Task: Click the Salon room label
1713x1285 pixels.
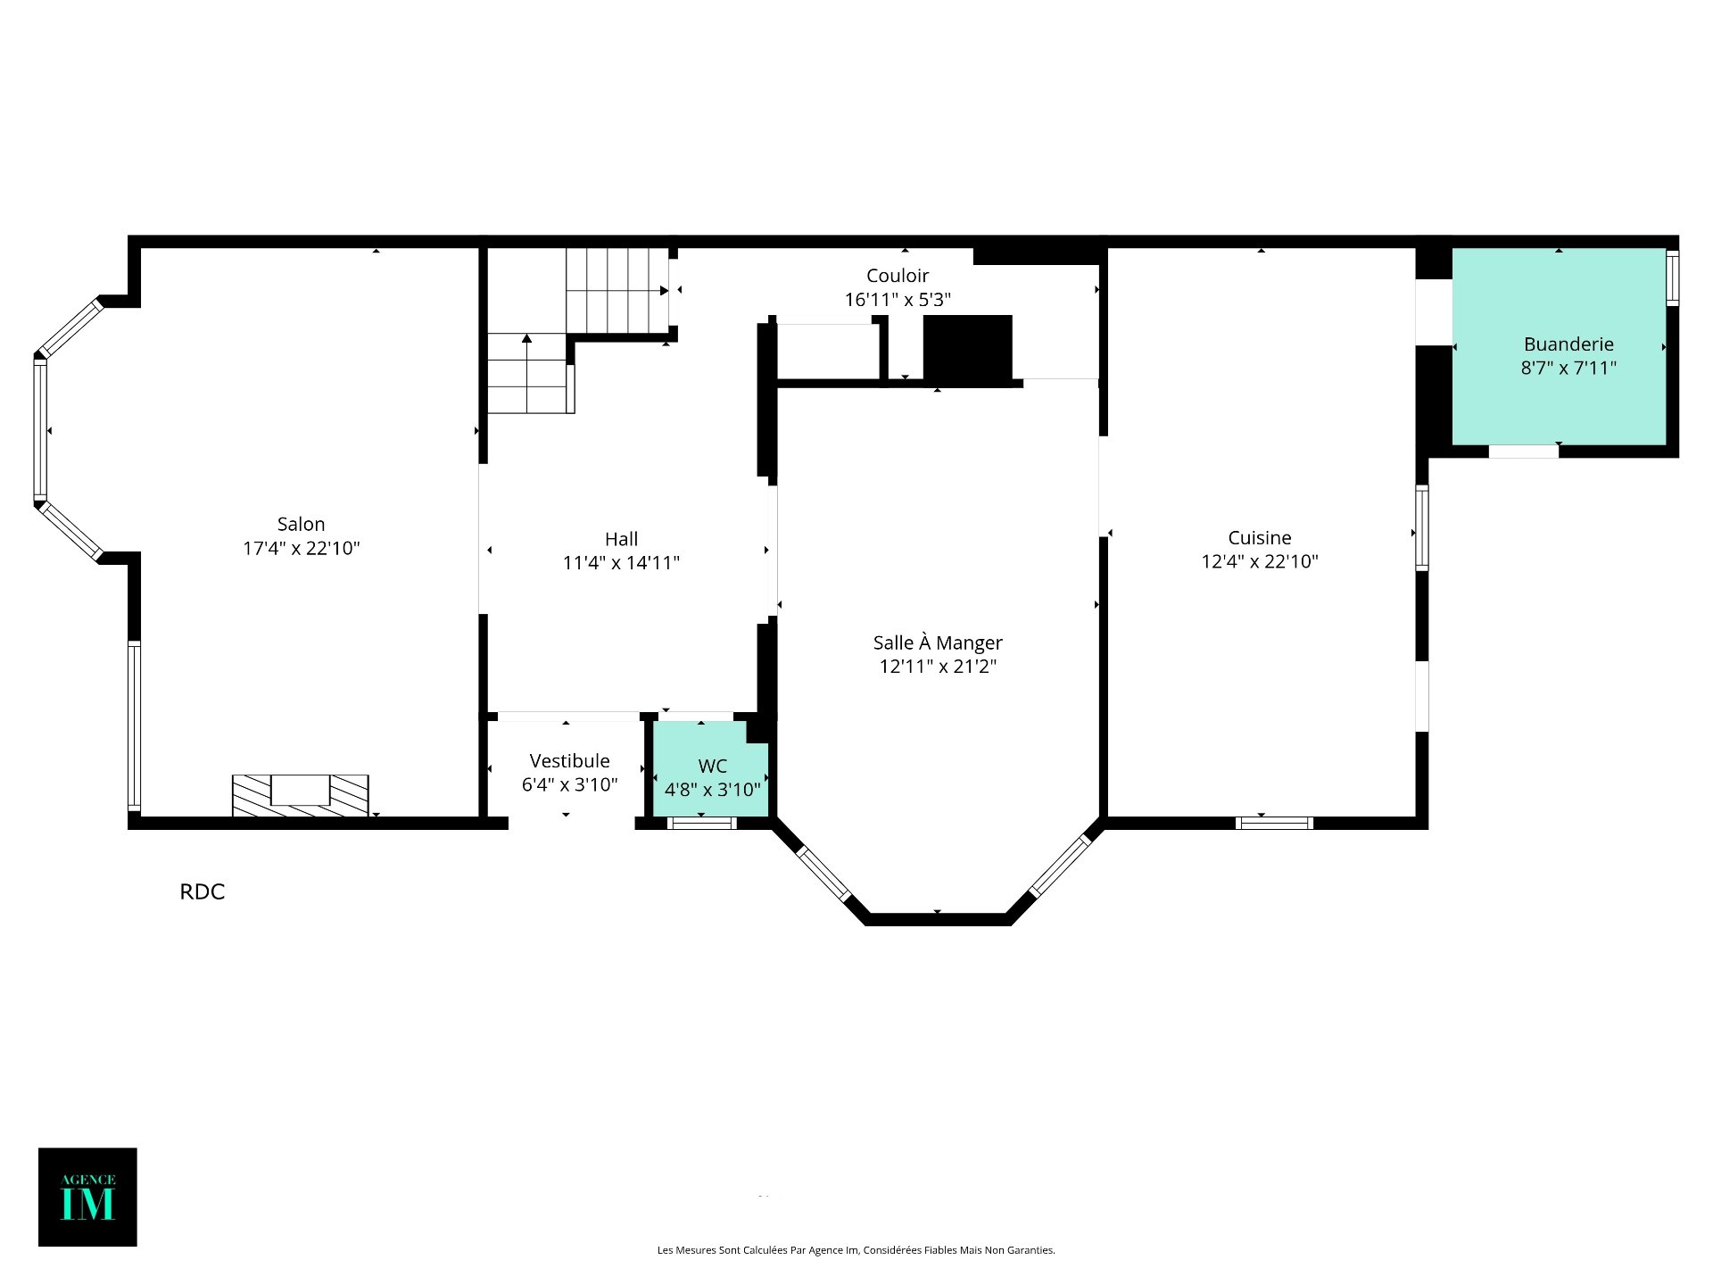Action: (301, 524)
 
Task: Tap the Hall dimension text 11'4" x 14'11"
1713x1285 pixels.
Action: (621, 562)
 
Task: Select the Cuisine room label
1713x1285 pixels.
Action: (1260, 537)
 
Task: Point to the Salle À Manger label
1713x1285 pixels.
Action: (938, 642)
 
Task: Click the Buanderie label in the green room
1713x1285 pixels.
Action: (1568, 344)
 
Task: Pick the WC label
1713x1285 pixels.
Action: (712, 766)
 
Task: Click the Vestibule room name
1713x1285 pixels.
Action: (569, 760)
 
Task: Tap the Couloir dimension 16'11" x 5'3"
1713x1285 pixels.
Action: (898, 300)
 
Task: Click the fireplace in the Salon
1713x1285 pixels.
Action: (301, 795)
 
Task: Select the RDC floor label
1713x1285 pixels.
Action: (203, 891)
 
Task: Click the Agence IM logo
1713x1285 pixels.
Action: (87, 1197)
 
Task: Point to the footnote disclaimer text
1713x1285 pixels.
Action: (856, 1250)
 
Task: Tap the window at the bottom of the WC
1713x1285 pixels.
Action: (701, 823)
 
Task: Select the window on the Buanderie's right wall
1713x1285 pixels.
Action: (1673, 278)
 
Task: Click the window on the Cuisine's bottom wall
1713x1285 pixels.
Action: (1274, 823)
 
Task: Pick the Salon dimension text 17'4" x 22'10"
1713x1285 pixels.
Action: (301, 548)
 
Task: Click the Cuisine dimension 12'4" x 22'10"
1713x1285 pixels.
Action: (1260, 561)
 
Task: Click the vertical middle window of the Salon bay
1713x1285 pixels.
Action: (40, 429)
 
